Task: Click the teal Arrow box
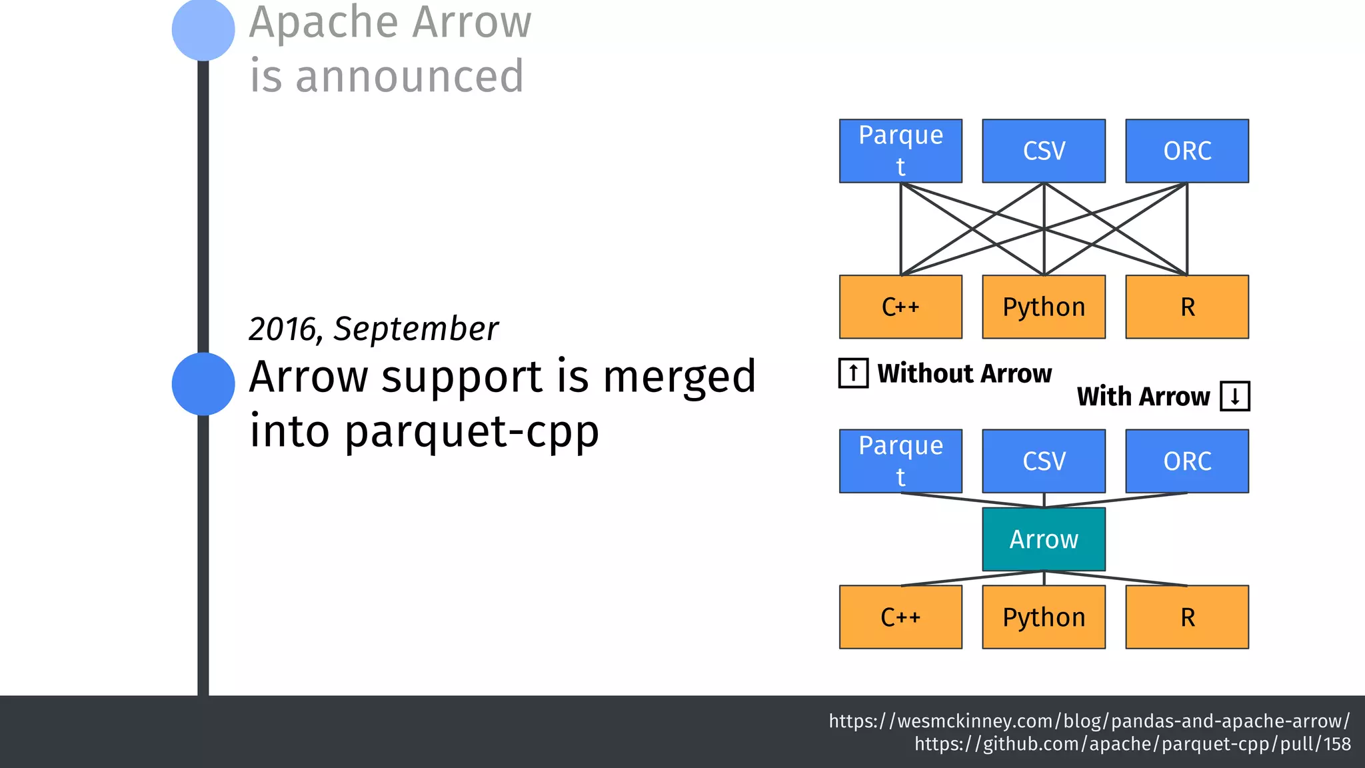click(x=1044, y=539)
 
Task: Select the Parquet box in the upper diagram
click(x=900, y=151)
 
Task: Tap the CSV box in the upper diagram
click(x=1044, y=151)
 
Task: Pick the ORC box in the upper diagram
click(x=1187, y=151)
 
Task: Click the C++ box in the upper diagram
click(x=900, y=307)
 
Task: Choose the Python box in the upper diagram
click(x=1044, y=307)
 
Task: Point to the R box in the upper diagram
click(x=1187, y=307)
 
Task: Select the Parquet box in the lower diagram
click(x=900, y=461)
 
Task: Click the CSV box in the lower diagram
click(x=1044, y=461)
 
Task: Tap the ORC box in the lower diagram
click(x=1187, y=461)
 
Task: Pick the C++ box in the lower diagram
click(x=900, y=617)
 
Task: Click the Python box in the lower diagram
click(x=1044, y=617)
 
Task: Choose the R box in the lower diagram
click(x=1187, y=617)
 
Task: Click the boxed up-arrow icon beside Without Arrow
click(x=853, y=373)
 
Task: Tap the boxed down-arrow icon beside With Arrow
click(x=1235, y=396)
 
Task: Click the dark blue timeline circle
click(x=203, y=384)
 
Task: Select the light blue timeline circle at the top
click(x=203, y=29)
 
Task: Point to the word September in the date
click(x=416, y=329)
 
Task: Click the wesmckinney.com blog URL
click(x=1089, y=721)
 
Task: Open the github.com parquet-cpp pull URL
click(x=1132, y=744)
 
